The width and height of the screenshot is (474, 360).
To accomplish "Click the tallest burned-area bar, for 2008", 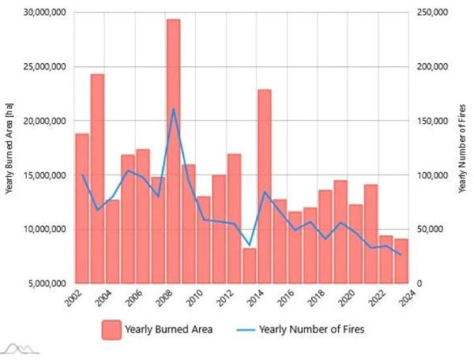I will [173, 151].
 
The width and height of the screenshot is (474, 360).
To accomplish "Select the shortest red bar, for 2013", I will [249, 265].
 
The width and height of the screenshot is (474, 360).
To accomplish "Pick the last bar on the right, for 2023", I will [401, 261].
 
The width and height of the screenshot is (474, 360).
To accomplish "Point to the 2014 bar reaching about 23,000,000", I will [264, 186].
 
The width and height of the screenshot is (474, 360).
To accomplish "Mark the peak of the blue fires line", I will [173, 109].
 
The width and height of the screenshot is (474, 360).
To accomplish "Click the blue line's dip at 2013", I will [249, 246].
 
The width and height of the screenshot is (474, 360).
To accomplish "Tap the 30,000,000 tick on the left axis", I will [47, 13].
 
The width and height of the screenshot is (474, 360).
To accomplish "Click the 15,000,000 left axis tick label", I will [47, 175].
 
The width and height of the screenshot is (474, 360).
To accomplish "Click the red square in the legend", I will [111, 329].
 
